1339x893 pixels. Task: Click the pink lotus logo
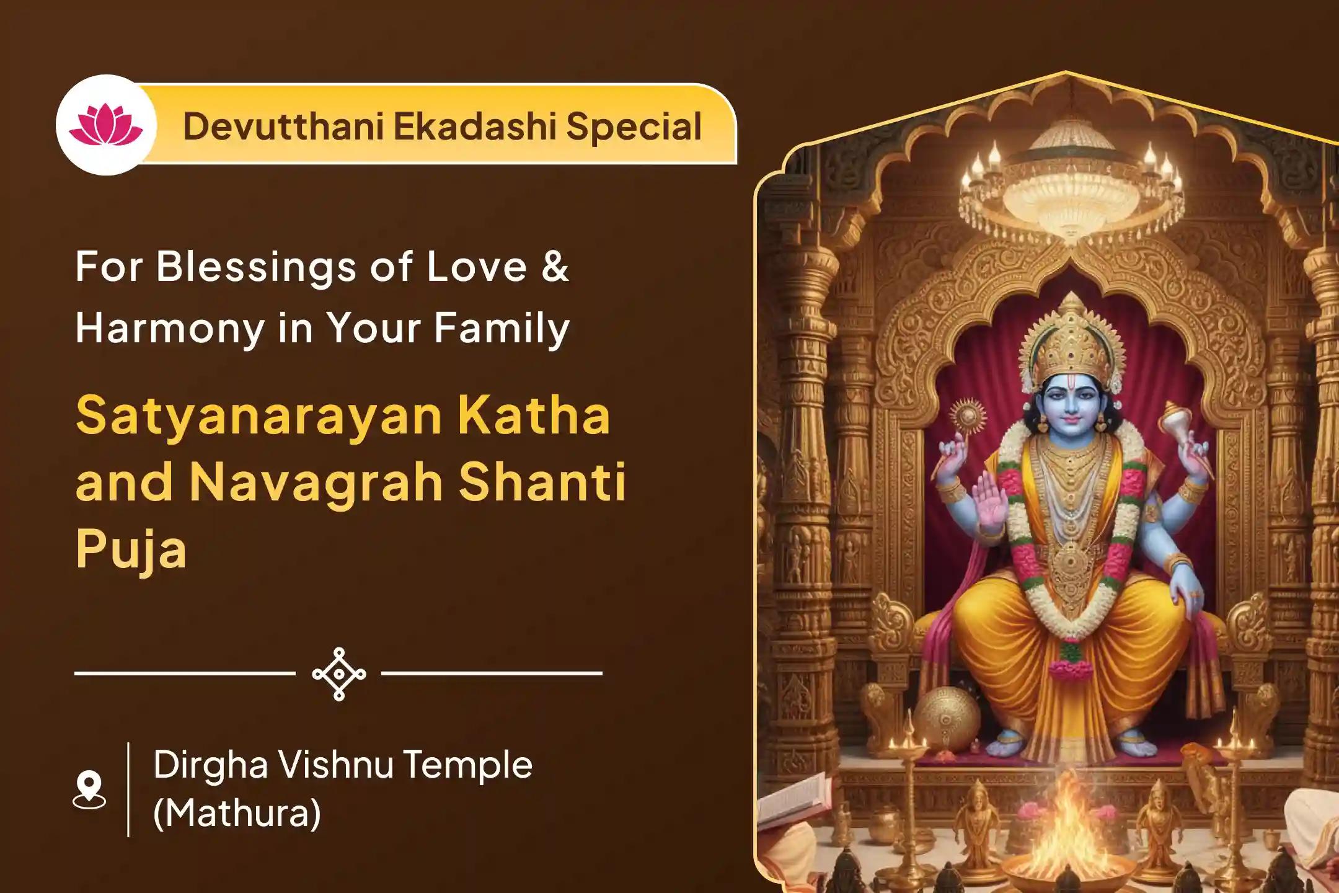[106, 125]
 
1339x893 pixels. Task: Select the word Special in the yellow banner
[634, 127]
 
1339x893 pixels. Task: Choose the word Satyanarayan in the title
[259, 415]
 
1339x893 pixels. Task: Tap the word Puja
[131, 549]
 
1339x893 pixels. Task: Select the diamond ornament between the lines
[338, 673]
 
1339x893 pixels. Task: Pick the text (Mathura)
[237, 813]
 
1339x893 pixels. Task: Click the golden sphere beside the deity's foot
[946, 719]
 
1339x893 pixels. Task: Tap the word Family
[502, 329]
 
